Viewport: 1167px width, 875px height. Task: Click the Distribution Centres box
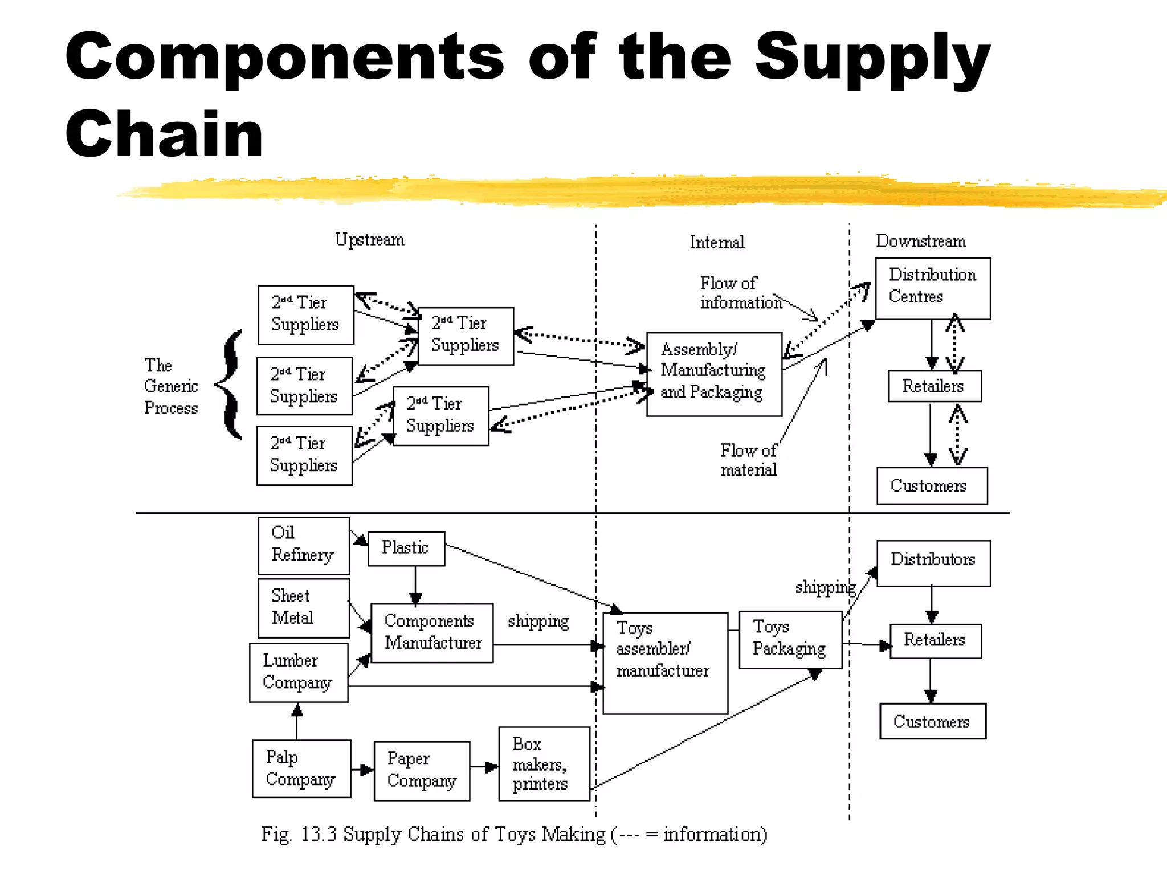pyautogui.click(x=932, y=288)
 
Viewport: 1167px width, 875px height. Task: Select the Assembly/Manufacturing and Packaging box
pyautogui.click(x=714, y=374)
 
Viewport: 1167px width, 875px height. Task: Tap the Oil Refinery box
pyautogui.click(x=303, y=546)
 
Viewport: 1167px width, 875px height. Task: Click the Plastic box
pyautogui.click(x=406, y=549)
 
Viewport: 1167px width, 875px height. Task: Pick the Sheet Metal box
pyautogui.click(x=303, y=608)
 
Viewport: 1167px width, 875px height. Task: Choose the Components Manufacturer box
pyautogui.click(x=432, y=633)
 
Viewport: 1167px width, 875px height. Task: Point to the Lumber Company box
pyautogui.click(x=299, y=672)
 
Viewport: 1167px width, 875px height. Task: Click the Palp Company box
pyautogui.click(x=301, y=768)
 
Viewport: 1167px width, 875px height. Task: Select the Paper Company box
pyautogui.click(x=422, y=771)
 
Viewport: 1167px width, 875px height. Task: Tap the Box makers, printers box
pyautogui.click(x=544, y=763)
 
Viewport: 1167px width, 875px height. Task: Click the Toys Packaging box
pyautogui.click(x=790, y=639)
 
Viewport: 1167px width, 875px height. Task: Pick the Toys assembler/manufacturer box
pyautogui.click(x=665, y=663)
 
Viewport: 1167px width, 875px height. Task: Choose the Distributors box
pyautogui.click(x=933, y=563)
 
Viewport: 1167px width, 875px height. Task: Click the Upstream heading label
pyautogui.click(x=370, y=240)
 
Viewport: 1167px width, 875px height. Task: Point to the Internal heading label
pyautogui.click(x=717, y=243)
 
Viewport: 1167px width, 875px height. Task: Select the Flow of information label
pyautogui.click(x=740, y=293)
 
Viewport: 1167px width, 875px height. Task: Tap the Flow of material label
pyautogui.click(x=748, y=460)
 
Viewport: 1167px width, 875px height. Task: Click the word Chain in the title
pyautogui.click(x=165, y=134)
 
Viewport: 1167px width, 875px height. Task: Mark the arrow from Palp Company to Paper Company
pyautogui.click(x=362, y=770)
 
